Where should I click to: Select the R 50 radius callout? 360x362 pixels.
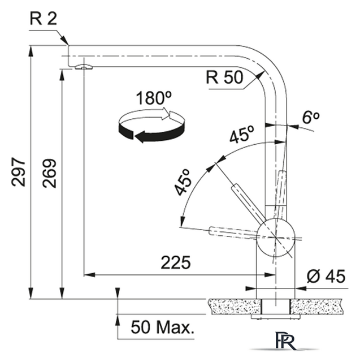pyautogui.click(x=224, y=77)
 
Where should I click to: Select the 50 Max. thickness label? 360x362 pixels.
pyautogui.click(x=162, y=327)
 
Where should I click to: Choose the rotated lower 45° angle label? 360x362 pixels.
pyautogui.click(x=184, y=182)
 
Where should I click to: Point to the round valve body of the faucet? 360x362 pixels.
pyautogui.click(x=275, y=238)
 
